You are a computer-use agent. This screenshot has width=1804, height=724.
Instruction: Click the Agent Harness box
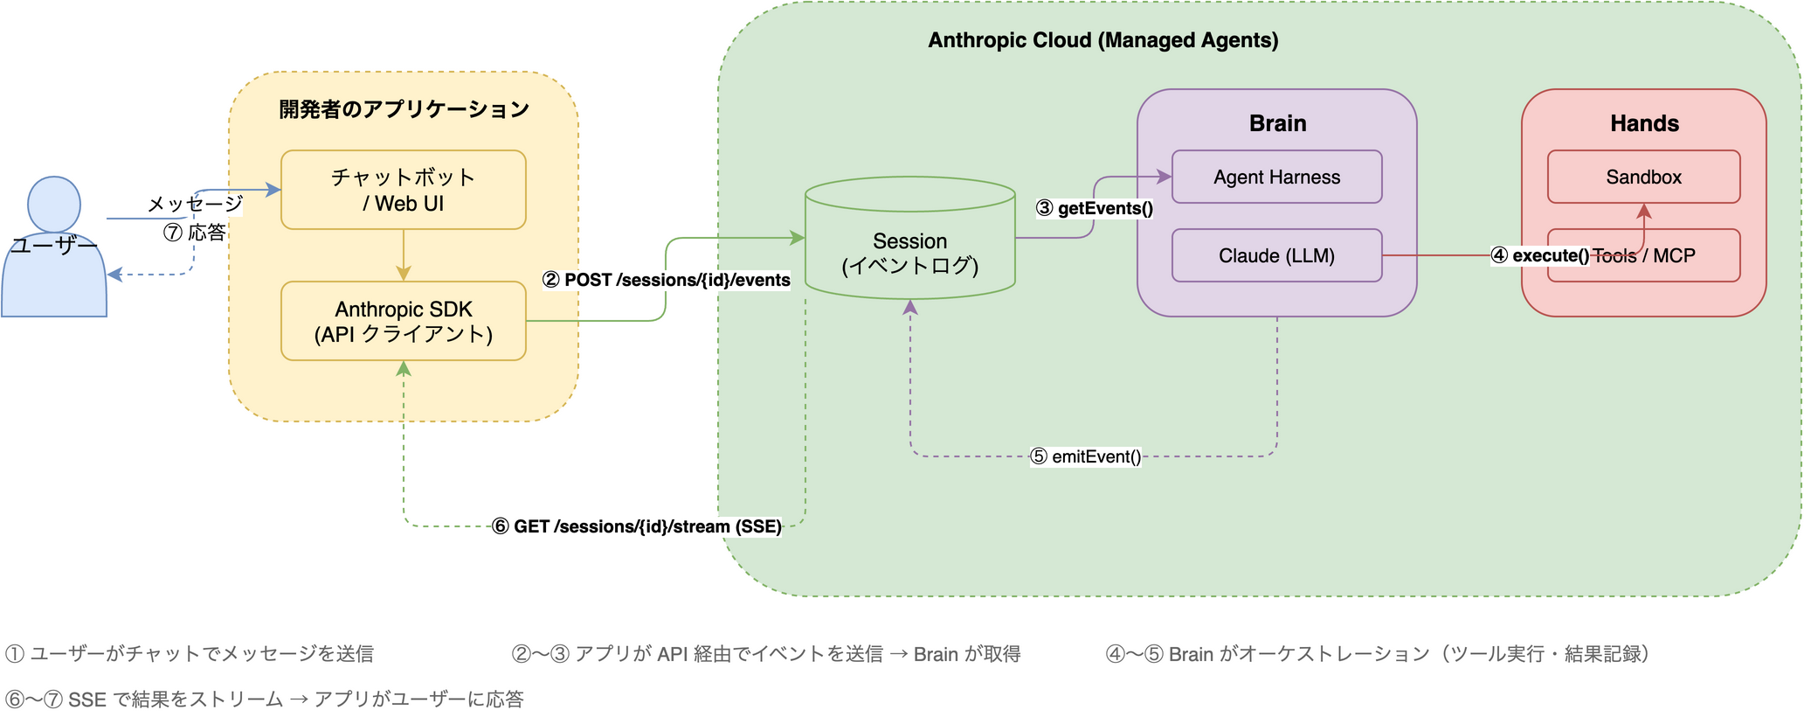coord(1275,177)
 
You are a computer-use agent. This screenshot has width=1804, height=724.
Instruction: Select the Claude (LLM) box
coord(1275,255)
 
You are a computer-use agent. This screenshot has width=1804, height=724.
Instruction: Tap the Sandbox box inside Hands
coord(1642,177)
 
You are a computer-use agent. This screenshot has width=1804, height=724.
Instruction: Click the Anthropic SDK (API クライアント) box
coord(403,321)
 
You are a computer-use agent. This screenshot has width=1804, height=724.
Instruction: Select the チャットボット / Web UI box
coord(403,190)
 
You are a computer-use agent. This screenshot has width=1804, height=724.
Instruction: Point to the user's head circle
coord(54,203)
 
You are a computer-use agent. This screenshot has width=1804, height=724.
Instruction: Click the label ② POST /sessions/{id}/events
coord(666,280)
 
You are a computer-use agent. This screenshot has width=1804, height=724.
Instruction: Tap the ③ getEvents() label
coord(1094,208)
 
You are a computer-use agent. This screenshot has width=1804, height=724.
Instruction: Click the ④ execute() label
coord(1539,255)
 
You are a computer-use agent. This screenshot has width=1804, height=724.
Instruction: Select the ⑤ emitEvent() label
coord(1085,456)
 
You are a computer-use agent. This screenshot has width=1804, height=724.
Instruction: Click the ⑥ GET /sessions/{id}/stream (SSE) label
coord(636,526)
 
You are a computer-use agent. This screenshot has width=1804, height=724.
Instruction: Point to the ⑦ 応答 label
coord(195,233)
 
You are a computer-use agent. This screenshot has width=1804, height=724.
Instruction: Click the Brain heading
coord(1276,123)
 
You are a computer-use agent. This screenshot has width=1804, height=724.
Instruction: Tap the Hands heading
coord(1643,123)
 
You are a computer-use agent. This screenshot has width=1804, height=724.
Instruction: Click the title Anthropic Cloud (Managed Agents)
coord(1102,40)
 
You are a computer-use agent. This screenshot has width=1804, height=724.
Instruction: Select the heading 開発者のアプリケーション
coord(403,109)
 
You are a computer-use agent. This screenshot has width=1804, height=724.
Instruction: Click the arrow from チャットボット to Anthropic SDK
coord(403,254)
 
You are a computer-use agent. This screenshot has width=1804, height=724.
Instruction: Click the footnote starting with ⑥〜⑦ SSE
coord(264,700)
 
